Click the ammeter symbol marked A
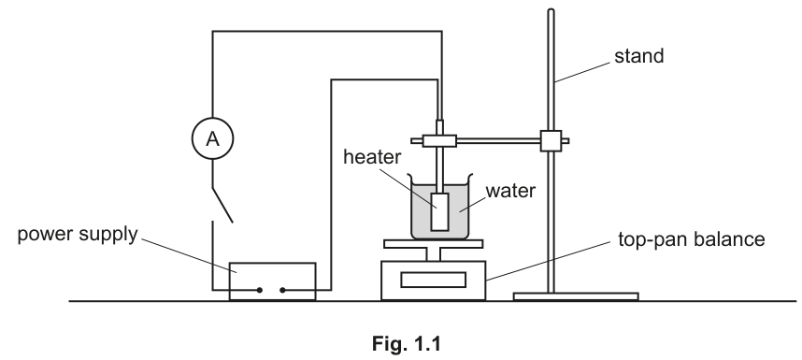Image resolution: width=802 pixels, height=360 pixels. pyautogui.click(x=213, y=138)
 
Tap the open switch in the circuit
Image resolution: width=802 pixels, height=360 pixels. pyautogui.click(x=222, y=205)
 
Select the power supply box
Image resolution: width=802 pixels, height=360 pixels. pyautogui.click(x=273, y=281)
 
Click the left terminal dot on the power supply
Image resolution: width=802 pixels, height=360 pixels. pyautogui.click(x=259, y=290)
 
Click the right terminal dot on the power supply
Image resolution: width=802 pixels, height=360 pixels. pyautogui.click(x=282, y=290)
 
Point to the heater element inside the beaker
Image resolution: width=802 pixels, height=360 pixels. pyautogui.click(x=440, y=211)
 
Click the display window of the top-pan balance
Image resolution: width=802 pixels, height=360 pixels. pyautogui.click(x=433, y=280)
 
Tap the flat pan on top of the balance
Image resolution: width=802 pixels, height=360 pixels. pyautogui.click(x=433, y=244)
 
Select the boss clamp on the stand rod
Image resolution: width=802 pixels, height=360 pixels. pyautogui.click(x=551, y=140)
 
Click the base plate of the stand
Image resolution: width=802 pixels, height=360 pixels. pyautogui.click(x=576, y=296)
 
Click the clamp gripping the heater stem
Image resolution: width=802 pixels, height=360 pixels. pyautogui.click(x=439, y=140)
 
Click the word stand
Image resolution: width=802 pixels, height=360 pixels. pyautogui.click(x=638, y=56)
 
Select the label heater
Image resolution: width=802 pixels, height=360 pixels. pyautogui.click(x=372, y=157)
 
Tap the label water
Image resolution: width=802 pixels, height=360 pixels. pyautogui.click(x=510, y=191)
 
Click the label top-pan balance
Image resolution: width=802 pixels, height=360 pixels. pyautogui.click(x=692, y=239)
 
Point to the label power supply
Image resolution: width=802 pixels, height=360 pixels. pyautogui.click(x=78, y=234)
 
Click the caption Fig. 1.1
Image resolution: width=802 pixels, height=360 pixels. pyautogui.click(x=407, y=344)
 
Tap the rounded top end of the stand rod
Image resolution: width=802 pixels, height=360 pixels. pyautogui.click(x=551, y=10)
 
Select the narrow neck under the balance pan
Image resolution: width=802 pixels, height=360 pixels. pyautogui.click(x=433, y=254)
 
